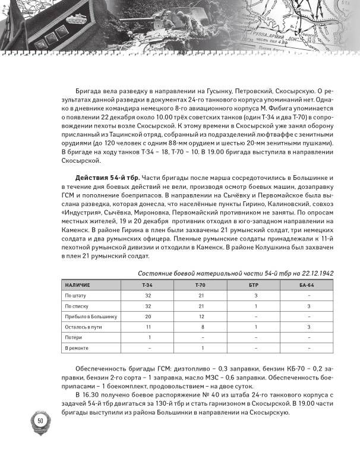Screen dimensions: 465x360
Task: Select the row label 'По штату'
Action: pos(75,296)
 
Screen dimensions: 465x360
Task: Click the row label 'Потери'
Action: pos(73,337)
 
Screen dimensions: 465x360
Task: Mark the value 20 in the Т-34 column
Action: pos(149,316)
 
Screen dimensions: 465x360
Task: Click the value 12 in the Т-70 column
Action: pos(203,316)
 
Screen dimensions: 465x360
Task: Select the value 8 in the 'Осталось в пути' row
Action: pos(203,327)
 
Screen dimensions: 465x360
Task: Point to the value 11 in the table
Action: pos(149,327)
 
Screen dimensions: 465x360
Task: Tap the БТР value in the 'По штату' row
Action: pos(256,296)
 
